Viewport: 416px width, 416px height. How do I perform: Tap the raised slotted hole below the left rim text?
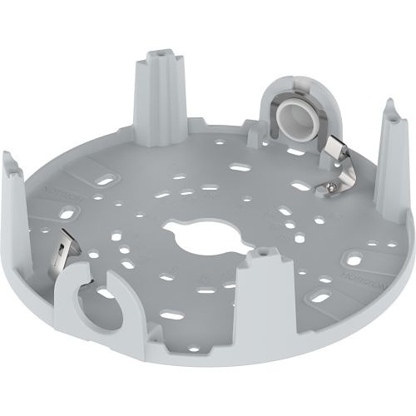click(x=67, y=215)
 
